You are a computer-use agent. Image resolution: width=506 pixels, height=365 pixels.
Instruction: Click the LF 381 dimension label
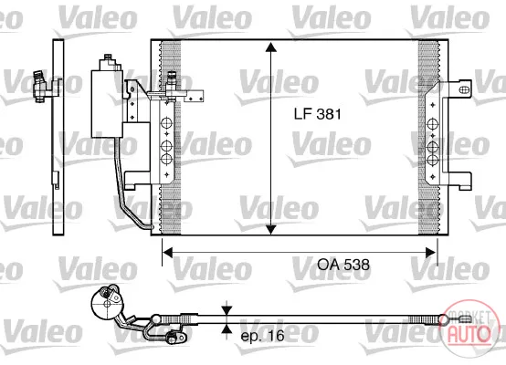[x=317, y=114]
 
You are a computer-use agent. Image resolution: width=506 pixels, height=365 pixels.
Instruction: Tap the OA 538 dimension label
[x=343, y=265]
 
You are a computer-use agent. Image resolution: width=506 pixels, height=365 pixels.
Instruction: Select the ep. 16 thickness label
[x=262, y=336]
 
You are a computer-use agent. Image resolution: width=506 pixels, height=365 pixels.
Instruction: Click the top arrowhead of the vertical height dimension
[x=270, y=47]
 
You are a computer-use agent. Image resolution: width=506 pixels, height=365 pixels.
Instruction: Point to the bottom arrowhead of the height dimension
[x=270, y=229]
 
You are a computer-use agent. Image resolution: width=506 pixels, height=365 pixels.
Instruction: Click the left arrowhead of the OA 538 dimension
[x=168, y=253]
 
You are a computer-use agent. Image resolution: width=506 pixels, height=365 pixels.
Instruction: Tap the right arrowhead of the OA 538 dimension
[x=431, y=253]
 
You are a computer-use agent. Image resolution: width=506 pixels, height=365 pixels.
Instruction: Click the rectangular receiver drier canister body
[x=107, y=104]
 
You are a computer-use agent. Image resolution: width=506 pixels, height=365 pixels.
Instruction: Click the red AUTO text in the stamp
[x=469, y=333]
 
